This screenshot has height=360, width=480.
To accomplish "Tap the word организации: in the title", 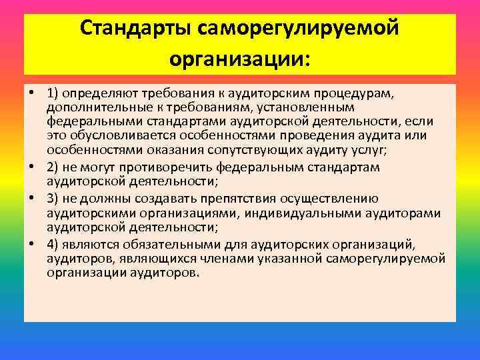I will coord(240,59).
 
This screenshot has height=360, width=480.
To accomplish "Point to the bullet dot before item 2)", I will coord(33,167).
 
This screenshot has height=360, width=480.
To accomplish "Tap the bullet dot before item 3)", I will coord(33,197).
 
